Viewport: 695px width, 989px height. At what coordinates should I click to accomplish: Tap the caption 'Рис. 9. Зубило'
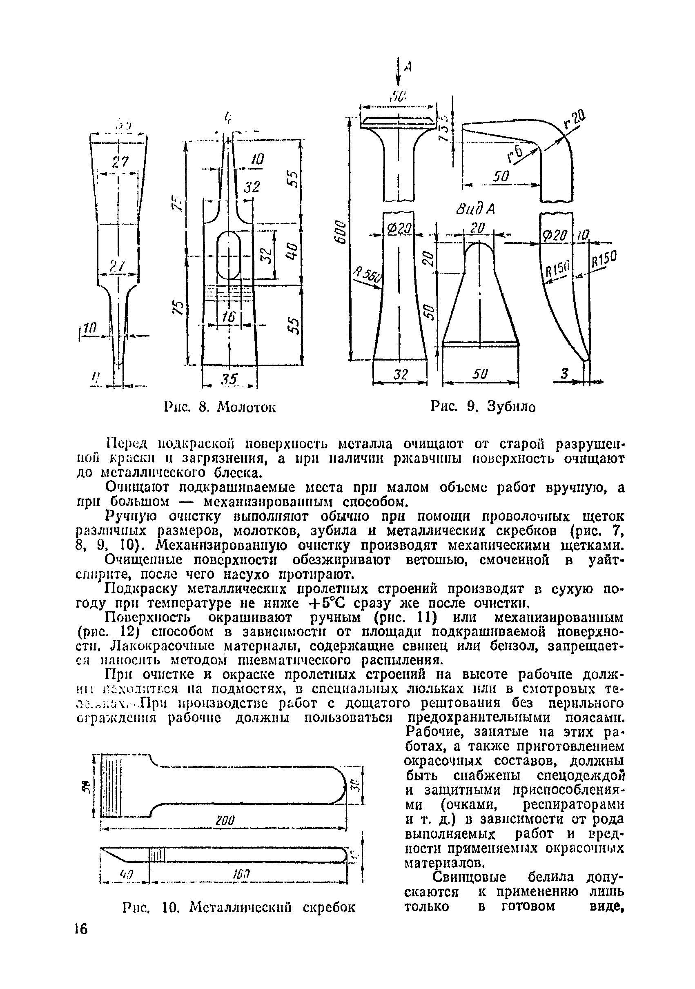click(x=483, y=406)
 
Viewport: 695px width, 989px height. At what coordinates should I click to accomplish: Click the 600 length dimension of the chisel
click(x=339, y=232)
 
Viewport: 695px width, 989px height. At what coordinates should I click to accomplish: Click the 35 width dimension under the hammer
click(x=229, y=379)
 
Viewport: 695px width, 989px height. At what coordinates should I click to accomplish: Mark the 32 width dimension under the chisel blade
click(x=401, y=374)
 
